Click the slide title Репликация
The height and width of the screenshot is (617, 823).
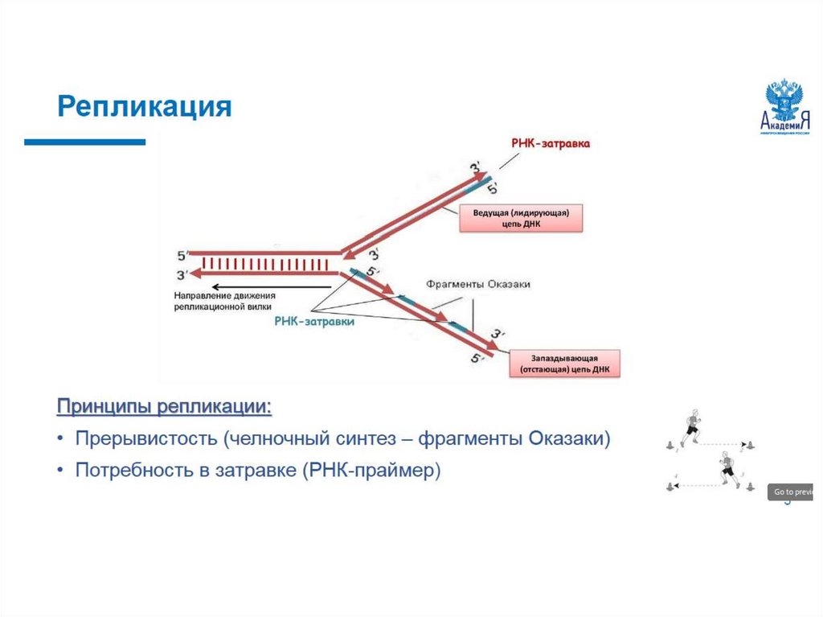coord(145,106)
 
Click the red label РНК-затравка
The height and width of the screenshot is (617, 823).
coord(551,143)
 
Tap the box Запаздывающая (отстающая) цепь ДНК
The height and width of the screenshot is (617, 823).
coord(564,364)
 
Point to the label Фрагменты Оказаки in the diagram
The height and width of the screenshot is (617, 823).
coord(478,285)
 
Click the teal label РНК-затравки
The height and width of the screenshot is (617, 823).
coord(314,319)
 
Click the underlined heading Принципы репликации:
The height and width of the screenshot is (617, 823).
coord(164,407)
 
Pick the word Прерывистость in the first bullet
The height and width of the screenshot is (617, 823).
coord(146,439)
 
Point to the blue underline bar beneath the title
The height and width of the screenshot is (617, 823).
coord(84,142)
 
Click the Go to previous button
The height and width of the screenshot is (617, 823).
coord(792,492)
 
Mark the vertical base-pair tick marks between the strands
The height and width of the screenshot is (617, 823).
coord(265,263)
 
